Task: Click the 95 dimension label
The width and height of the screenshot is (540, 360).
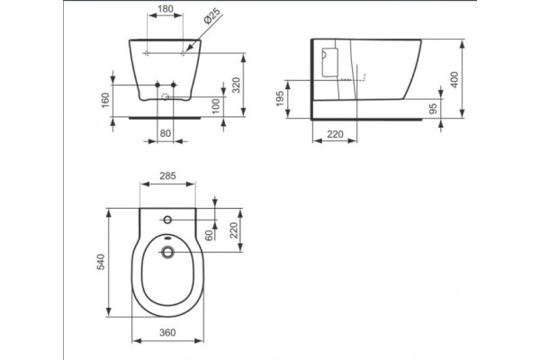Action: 433,109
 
